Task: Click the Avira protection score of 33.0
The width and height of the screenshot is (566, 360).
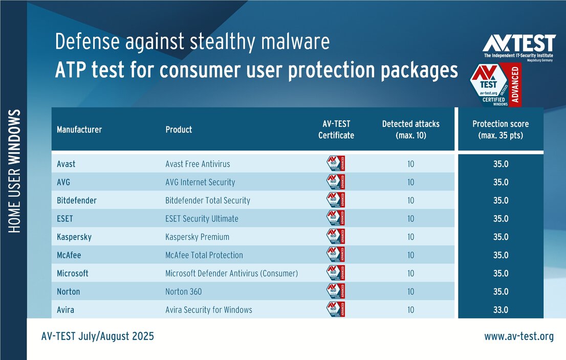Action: point(500,310)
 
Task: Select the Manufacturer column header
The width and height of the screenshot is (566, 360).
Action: point(79,129)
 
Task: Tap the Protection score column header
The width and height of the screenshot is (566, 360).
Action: point(500,130)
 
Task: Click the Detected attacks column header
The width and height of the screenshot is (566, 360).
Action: point(410,130)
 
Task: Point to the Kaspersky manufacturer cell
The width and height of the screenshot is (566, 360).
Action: point(74,237)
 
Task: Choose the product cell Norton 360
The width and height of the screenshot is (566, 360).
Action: point(183,291)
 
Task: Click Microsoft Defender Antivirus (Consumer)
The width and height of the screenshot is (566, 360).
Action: point(231,274)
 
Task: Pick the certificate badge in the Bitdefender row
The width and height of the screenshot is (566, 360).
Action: point(336,200)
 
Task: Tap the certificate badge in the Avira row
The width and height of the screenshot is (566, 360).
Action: point(336,310)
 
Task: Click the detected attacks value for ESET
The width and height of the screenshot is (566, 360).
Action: point(410,219)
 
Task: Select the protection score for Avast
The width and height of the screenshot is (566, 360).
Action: point(500,164)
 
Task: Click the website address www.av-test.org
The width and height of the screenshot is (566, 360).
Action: point(519,336)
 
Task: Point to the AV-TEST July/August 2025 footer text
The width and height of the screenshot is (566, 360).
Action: point(97,336)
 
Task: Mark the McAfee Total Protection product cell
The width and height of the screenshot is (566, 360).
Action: point(204,255)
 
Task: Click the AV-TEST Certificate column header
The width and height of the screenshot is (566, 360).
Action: point(336,130)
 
